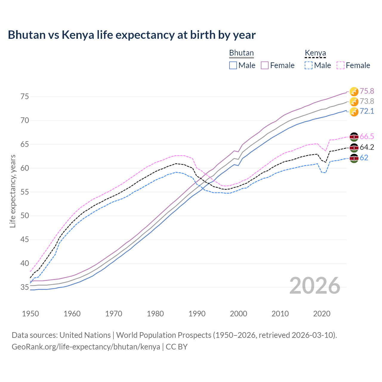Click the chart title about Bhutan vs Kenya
point(132,35)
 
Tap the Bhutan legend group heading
point(241,53)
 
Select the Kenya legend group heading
point(315,53)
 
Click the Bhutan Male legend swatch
point(233,65)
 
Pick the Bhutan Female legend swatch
point(265,65)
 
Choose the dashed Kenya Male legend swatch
point(309,65)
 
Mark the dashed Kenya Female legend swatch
point(341,65)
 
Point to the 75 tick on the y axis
point(25,97)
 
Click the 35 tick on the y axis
point(25,287)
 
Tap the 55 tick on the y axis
point(25,192)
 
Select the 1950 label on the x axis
point(30,314)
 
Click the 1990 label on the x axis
point(197,314)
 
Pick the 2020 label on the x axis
point(322,314)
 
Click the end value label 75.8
point(367,91)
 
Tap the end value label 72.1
point(367,111)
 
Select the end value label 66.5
point(367,137)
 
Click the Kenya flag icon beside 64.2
point(354,147)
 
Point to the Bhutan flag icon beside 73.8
point(354,101)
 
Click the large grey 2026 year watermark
point(315,286)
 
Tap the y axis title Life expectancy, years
point(13,191)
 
